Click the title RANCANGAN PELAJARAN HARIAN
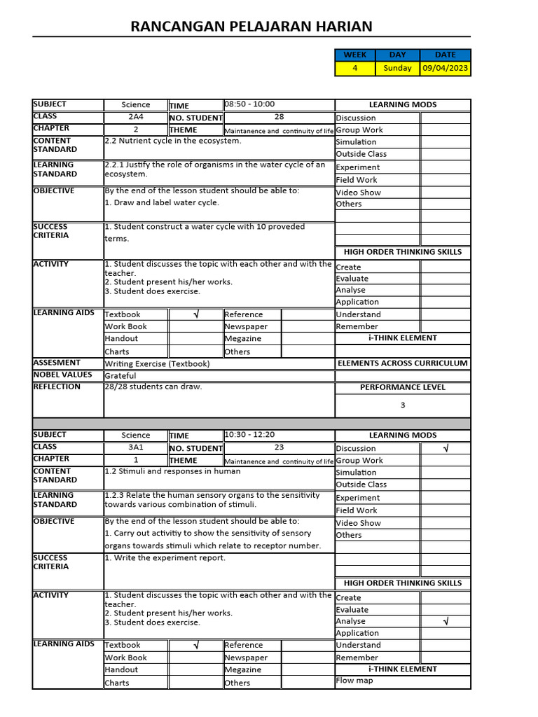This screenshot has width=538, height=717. click(251, 27)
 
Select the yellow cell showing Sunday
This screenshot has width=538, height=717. click(397, 68)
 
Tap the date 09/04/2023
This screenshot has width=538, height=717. click(445, 68)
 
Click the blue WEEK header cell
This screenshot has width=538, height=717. click(355, 55)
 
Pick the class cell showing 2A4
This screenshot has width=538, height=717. click(135, 117)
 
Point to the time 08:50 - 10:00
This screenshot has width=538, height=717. click(249, 104)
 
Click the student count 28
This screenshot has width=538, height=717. click(279, 117)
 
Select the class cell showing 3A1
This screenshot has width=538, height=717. click(135, 447)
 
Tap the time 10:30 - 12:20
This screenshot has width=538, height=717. click(250, 435)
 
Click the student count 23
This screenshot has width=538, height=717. click(279, 447)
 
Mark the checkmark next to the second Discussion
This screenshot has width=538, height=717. click(446, 448)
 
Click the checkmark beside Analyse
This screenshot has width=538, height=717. click(446, 621)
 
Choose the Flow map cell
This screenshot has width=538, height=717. click(354, 681)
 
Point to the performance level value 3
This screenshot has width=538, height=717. click(403, 405)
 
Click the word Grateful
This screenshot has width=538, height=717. click(120, 376)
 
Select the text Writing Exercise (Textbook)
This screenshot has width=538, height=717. click(157, 363)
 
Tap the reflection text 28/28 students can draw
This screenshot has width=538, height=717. click(153, 387)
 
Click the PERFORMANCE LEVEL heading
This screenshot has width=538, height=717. click(403, 387)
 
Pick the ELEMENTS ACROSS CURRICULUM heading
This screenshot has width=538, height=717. click(403, 363)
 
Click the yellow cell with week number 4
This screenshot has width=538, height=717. click(355, 68)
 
